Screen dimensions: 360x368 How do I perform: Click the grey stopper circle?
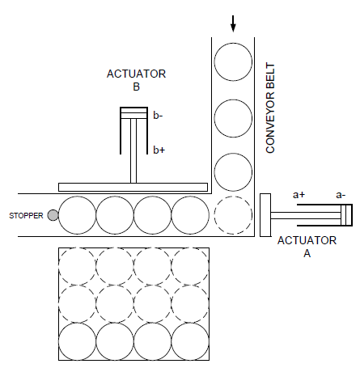[x=53, y=215]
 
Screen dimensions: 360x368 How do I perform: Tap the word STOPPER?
[x=26, y=216]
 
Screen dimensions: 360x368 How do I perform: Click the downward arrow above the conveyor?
[x=233, y=23]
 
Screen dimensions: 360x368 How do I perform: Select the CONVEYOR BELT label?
[x=270, y=108]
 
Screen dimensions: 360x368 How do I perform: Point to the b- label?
[x=158, y=116]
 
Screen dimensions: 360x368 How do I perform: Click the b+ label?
[x=159, y=150]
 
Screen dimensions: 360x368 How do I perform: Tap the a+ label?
[x=299, y=195]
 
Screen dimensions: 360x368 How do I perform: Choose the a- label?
[x=341, y=195]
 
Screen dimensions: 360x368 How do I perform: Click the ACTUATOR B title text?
[x=136, y=80]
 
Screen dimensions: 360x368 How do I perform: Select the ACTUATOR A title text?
[x=307, y=247]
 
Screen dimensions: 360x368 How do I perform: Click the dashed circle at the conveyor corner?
[x=233, y=215]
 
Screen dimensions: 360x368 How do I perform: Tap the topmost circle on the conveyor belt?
[x=233, y=61]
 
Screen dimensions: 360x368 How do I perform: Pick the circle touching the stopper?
[x=77, y=215]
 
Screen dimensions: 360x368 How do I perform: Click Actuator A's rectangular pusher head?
[x=265, y=215]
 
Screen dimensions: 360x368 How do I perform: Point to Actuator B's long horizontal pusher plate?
[x=133, y=187]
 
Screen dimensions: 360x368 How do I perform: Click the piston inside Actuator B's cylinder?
[x=133, y=113]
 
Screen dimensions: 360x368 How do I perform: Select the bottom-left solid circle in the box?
[x=77, y=341]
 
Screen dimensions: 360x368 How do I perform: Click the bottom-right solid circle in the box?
[x=190, y=341]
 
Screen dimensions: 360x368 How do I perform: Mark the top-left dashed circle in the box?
[x=77, y=266]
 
